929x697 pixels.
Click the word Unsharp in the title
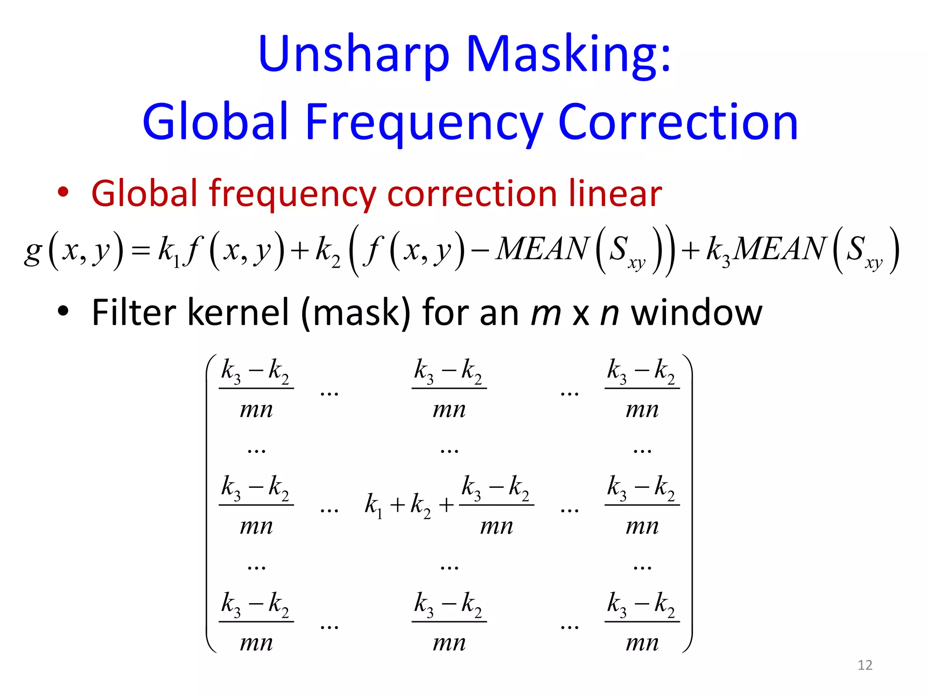click(354, 54)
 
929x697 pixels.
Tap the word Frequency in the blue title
click(424, 123)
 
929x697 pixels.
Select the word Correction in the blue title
click(678, 123)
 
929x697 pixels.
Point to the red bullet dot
click(63, 192)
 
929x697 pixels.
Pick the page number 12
click(865, 665)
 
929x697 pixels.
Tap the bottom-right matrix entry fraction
click(642, 622)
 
